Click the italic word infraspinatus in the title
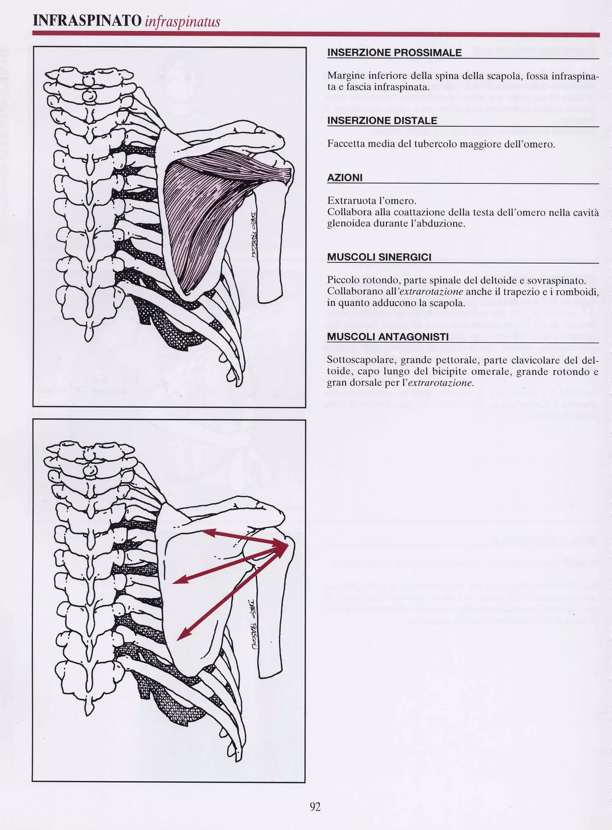click(182, 22)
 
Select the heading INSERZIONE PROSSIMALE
click(394, 53)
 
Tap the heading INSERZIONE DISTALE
click(382, 120)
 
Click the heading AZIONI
click(345, 178)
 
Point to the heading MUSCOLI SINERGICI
click(379, 257)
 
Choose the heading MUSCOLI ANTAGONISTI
click(388, 337)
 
